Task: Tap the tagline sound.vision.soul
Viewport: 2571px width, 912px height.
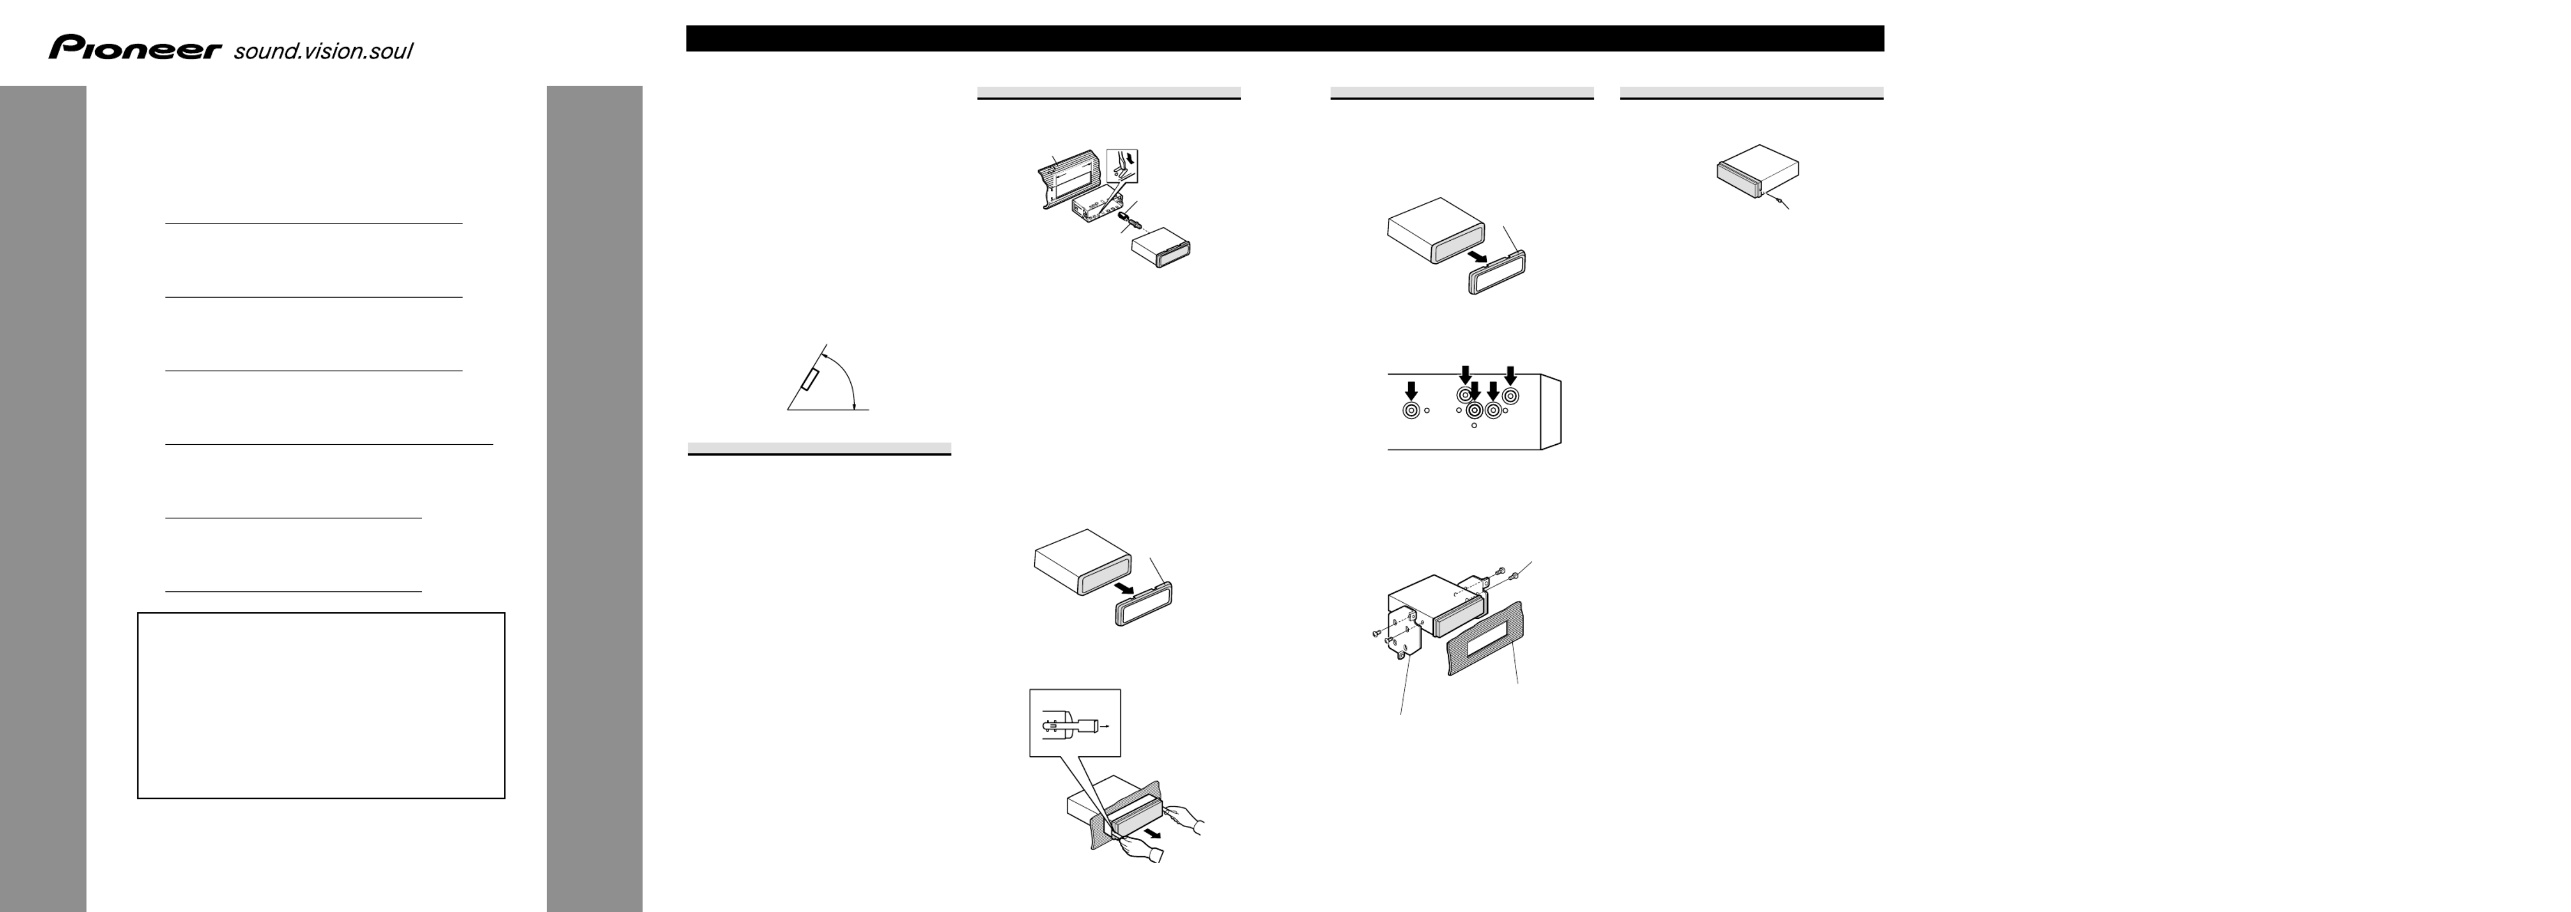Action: point(322,51)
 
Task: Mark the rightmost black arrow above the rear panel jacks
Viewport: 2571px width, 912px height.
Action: point(1510,375)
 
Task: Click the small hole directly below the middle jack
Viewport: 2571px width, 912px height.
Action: point(1474,426)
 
